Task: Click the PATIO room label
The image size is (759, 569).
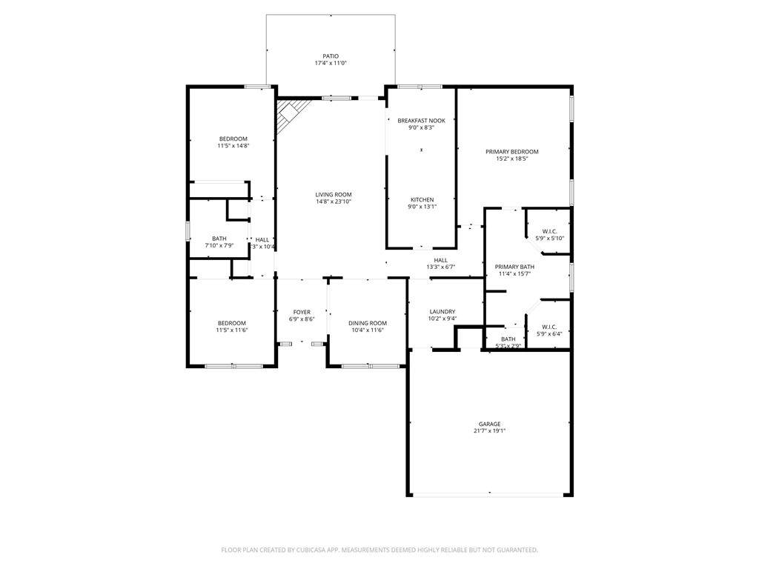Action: (x=330, y=56)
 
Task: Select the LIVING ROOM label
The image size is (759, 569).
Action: (x=333, y=194)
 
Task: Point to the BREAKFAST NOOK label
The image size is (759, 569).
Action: (x=421, y=120)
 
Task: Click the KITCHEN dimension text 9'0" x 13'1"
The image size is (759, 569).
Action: (x=421, y=207)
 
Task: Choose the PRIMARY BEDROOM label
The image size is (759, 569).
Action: (x=512, y=152)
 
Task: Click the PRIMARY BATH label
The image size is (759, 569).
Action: (x=514, y=267)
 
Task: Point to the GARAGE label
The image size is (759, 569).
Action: (x=489, y=424)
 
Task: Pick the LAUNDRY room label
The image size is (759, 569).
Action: (x=443, y=312)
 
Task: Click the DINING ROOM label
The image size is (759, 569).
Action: (x=368, y=323)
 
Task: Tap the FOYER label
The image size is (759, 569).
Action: (x=302, y=312)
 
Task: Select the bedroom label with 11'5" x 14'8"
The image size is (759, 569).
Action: (x=233, y=139)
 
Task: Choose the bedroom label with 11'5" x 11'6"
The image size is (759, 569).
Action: (x=231, y=323)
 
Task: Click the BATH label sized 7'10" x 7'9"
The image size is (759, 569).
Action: (x=219, y=239)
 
